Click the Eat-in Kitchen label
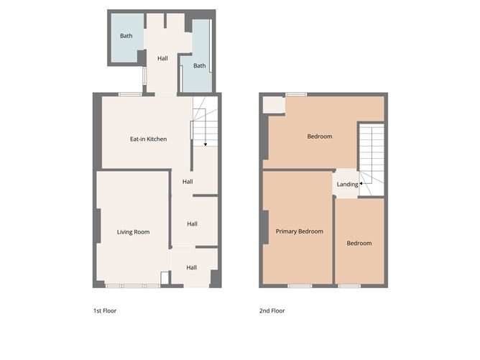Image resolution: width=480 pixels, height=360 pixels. (148, 139)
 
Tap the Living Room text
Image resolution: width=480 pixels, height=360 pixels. (133, 231)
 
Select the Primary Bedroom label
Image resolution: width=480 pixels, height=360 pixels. (299, 231)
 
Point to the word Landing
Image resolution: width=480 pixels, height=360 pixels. (347, 185)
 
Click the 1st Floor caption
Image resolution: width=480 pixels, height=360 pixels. (105, 311)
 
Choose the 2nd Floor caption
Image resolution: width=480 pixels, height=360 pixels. (272, 311)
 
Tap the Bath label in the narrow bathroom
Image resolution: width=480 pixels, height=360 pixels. (199, 66)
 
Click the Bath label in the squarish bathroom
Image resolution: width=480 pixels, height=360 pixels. (126, 36)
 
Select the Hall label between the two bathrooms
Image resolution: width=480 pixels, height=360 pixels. (162, 59)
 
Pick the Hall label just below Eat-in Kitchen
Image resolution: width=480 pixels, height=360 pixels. (187, 182)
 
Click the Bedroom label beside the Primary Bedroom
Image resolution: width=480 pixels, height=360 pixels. (359, 243)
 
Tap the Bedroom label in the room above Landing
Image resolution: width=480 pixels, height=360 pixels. (320, 137)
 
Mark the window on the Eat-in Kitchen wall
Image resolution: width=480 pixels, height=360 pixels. (130, 94)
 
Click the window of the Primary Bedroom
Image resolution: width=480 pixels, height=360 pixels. (300, 286)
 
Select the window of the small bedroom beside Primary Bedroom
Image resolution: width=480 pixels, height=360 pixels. (349, 286)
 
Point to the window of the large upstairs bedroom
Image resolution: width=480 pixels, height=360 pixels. (295, 94)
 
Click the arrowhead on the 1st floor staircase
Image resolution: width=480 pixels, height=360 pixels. (206, 145)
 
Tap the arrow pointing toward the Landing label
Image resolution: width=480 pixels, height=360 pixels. (361, 185)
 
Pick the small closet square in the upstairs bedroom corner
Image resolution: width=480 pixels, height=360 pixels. (273, 105)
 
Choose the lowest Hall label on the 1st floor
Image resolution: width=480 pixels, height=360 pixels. (191, 267)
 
